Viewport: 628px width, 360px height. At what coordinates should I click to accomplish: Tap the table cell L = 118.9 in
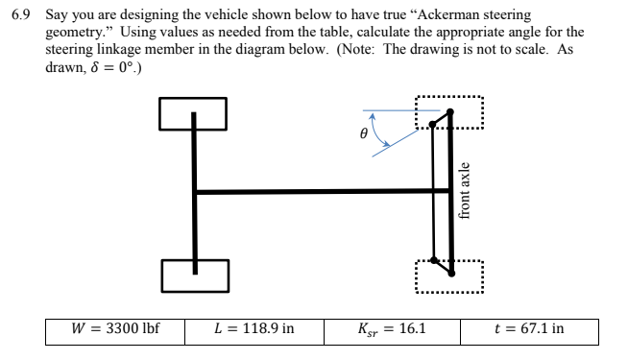pos(254,330)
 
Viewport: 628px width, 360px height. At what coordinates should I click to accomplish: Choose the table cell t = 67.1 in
pos(530,330)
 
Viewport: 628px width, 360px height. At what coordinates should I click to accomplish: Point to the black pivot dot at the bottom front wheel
pos(437,259)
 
